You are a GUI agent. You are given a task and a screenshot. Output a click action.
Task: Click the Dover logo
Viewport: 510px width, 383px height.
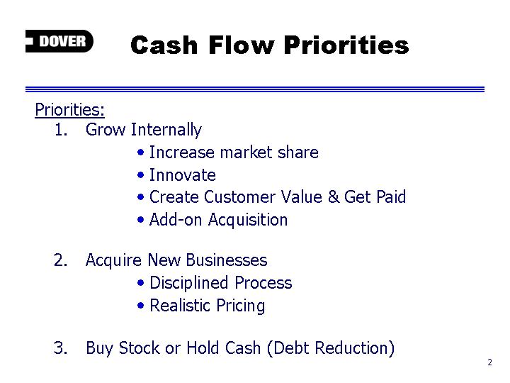point(59,41)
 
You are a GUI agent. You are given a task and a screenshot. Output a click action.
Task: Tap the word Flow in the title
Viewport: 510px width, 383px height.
point(242,45)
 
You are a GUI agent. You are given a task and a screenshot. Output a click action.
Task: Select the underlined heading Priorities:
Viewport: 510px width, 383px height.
point(69,109)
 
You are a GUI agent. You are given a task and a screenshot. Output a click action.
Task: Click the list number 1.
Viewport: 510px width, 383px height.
point(61,130)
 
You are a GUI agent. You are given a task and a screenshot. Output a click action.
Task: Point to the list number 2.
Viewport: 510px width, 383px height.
point(61,260)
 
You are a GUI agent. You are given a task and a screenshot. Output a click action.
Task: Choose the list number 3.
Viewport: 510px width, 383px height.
point(61,348)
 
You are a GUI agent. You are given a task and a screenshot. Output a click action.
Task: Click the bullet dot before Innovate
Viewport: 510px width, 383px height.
point(140,175)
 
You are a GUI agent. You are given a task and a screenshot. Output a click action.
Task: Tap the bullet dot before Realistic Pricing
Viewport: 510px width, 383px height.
point(140,306)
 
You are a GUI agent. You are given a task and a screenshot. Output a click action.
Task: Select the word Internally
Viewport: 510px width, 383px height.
point(166,130)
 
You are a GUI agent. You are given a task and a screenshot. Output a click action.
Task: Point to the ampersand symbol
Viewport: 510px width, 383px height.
point(334,196)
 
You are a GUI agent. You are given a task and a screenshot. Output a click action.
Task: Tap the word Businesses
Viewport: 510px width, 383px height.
point(227,260)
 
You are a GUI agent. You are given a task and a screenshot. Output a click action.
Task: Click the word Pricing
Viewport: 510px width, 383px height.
point(241,306)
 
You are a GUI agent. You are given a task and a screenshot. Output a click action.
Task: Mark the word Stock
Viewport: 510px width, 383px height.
point(140,348)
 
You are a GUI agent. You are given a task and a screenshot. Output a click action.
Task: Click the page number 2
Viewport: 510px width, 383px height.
point(490,362)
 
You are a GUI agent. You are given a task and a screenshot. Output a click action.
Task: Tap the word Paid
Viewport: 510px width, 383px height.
point(391,196)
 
